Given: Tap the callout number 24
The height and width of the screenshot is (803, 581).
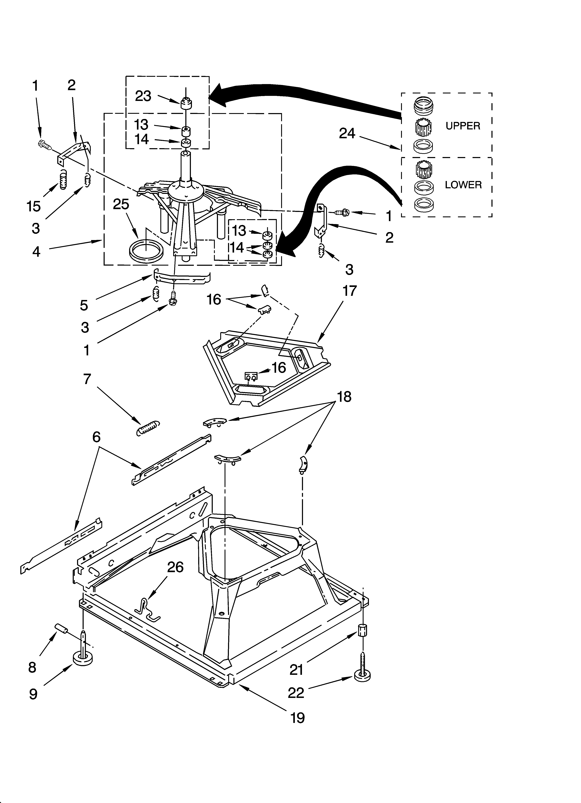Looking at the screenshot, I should (347, 133).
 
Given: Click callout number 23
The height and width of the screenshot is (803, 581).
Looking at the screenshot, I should (143, 96).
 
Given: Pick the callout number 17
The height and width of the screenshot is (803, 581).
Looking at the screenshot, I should (349, 291).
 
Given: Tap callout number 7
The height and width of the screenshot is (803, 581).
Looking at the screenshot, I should (87, 379).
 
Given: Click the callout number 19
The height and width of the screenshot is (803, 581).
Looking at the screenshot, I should (297, 718).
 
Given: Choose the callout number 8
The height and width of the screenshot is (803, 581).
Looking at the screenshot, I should (32, 667).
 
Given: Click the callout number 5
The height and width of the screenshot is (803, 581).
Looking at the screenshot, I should (84, 305).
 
